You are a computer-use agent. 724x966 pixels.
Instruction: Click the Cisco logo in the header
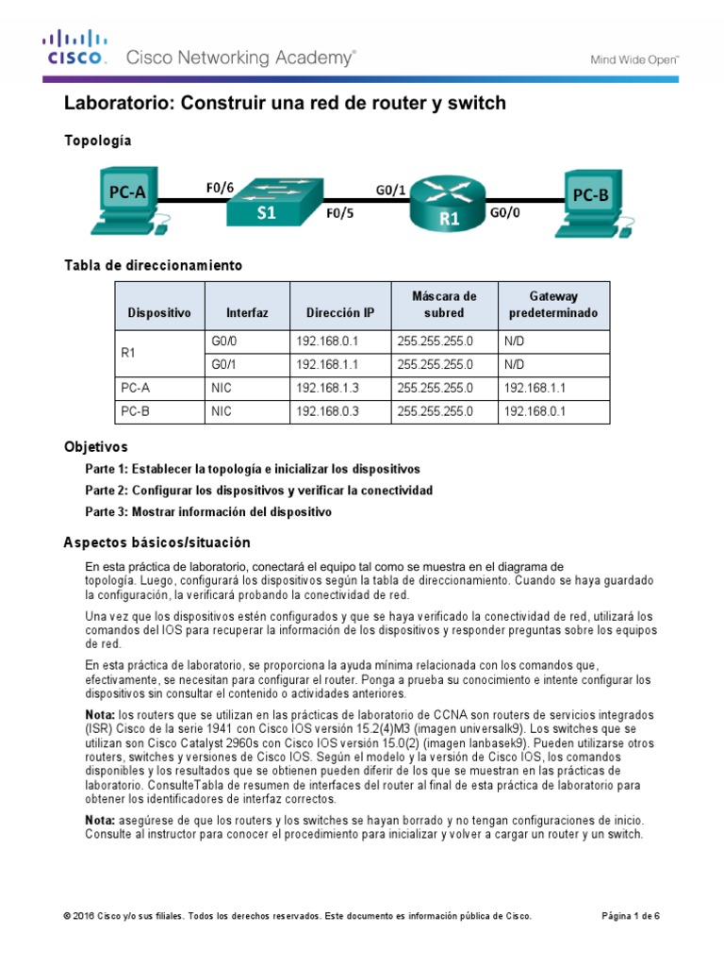click(x=74, y=49)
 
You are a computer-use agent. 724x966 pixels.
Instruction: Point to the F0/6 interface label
click(x=220, y=187)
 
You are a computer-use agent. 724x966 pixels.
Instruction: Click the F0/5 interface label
click(x=340, y=213)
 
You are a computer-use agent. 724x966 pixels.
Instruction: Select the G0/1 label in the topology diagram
click(x=390, y=190)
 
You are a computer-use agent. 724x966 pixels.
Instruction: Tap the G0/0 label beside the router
click(x=505, y=214)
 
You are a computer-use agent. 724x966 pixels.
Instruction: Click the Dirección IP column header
click(x=339, y=312)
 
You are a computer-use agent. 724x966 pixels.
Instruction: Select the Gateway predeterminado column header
click(x=553, y=304)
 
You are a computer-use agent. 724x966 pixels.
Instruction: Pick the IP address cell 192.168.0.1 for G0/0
click(x=328, y=341)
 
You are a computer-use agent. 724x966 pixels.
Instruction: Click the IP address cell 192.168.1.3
click(x=328, y=387)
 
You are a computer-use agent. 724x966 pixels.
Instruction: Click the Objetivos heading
click(x=95, y=446)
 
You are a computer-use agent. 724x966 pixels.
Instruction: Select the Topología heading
click(x=97, y=141)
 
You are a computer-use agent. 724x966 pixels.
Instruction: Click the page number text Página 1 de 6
click(x=631, y=915)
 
